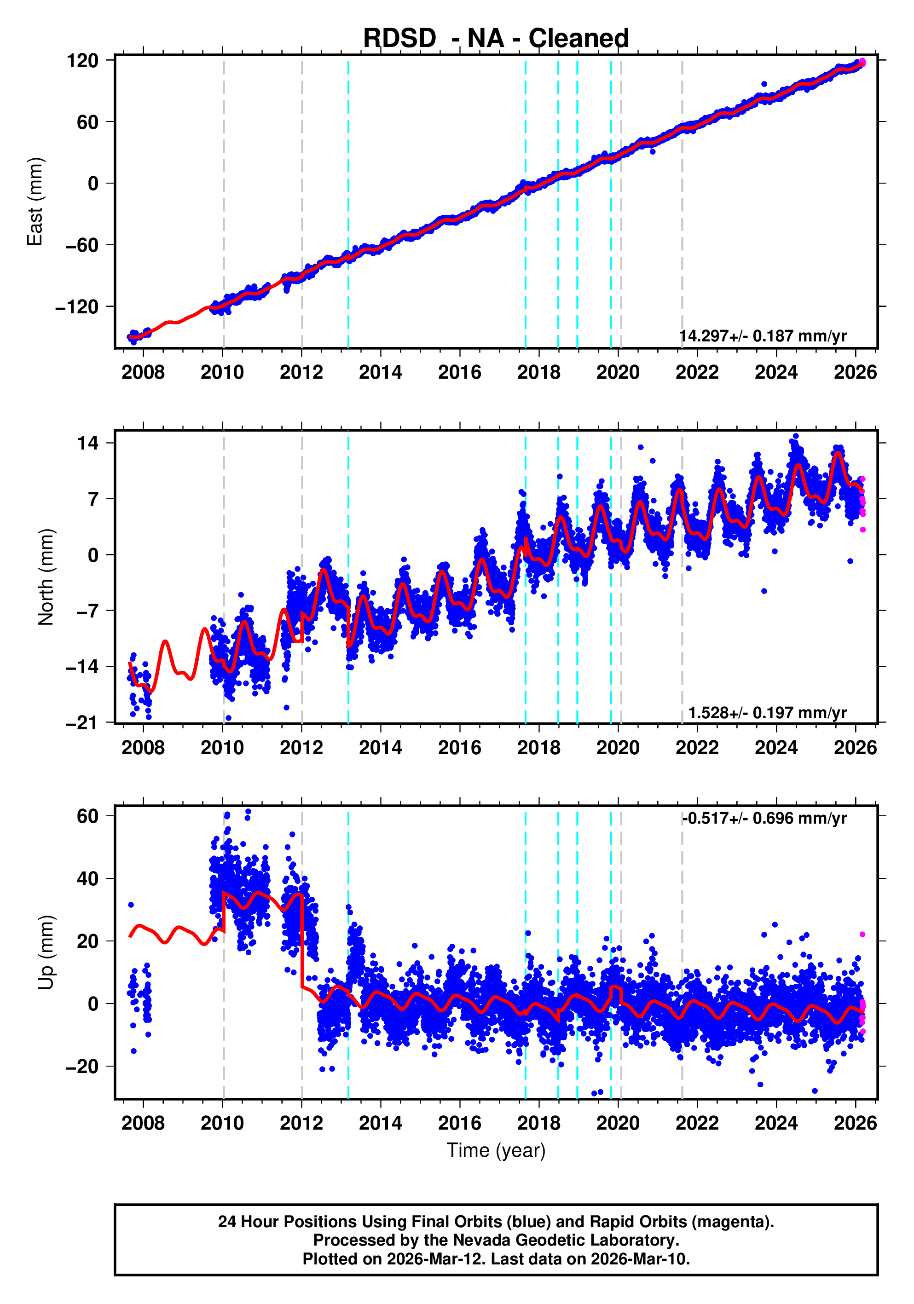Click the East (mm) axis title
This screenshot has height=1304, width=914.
[x=35, y=202]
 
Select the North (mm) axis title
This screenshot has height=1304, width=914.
[x=46, y=577]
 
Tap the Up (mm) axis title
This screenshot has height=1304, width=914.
[x=46, y=952]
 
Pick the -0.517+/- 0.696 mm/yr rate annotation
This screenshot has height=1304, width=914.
[x=764, y=819]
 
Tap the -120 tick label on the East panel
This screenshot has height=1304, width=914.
[x=77, y=307]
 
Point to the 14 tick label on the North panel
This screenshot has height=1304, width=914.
[x=88, y=443]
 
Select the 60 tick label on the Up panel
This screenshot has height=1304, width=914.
[x=88, y=816]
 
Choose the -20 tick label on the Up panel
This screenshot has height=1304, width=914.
[x=82, y=1067]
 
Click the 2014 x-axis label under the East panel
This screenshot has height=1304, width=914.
[x=380, y=373]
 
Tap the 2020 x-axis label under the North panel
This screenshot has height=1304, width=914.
[x=618, y=747]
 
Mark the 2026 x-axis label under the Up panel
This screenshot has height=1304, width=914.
[x=855, y=1123]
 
